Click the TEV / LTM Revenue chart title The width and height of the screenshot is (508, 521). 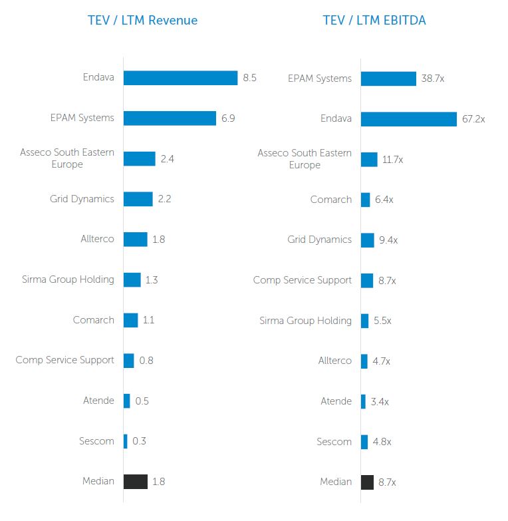click(x=142, y=20)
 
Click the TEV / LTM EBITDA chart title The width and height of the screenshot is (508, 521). click(x=374, y=20)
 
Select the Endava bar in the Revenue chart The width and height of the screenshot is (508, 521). click(x=180, y=78)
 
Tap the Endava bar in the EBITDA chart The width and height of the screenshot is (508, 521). click(x=408, y=119)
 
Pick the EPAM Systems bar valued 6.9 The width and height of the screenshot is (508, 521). click(x=170, y=118)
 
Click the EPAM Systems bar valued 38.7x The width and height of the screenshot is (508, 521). click(x=388, y=79)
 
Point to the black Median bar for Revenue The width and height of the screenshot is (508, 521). click(x=136, y=481)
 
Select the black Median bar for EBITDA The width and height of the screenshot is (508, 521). click(x=367, y=482)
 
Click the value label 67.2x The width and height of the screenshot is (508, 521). click(x=473, y=119)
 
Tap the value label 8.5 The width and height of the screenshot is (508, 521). click(x=249, y=78)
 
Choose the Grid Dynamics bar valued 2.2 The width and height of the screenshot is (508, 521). click(x=138, y=199)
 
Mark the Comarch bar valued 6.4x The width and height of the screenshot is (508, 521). click(x=365, y=200)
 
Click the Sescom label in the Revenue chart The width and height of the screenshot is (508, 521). click(x=96, y=440)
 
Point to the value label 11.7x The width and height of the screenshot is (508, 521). click(x=393, y=160)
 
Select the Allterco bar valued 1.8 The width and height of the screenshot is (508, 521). click(x=135, y=240)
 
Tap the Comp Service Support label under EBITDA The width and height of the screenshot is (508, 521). click(x=302, y=280)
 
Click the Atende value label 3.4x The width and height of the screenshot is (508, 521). click(x=380, y=401)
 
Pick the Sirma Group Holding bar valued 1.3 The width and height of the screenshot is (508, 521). click(x=132, y=279)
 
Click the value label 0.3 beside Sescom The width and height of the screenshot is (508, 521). click(x=139, y=440)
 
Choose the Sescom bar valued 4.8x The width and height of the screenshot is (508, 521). click(x=364, y=442)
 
